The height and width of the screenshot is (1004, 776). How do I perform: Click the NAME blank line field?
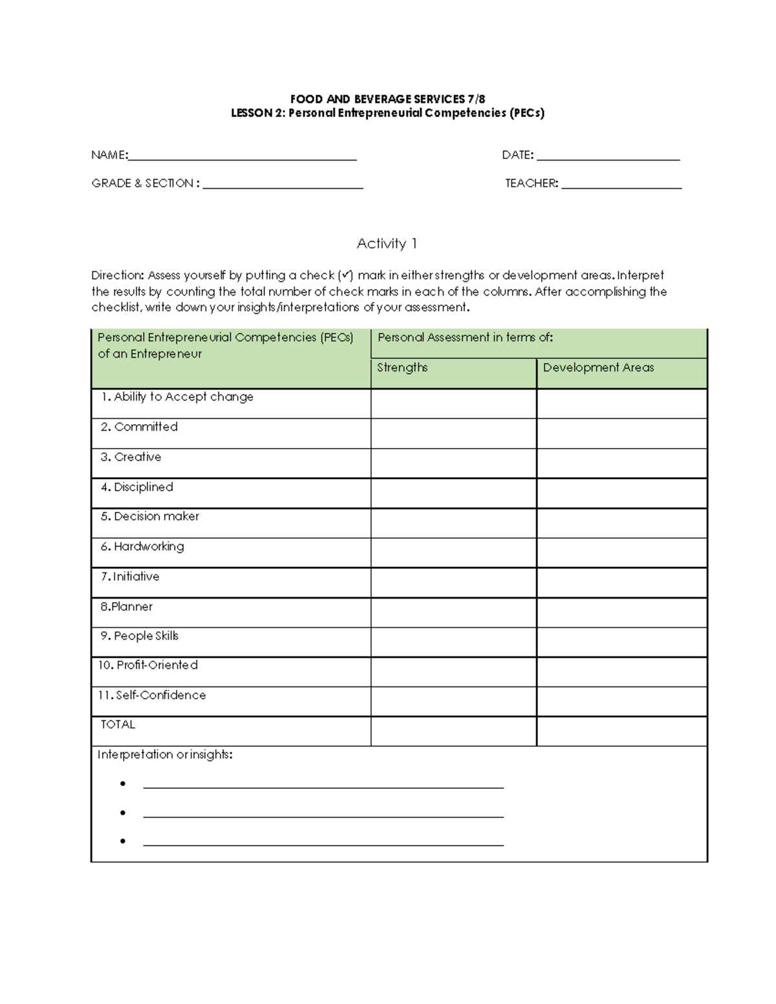[242, 156]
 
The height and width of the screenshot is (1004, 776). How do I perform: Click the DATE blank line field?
[608, 156]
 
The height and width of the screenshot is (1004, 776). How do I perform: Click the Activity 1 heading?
[387, 244]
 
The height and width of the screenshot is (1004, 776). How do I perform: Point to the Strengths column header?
[402, 367]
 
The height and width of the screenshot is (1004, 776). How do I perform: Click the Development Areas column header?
[598, 367]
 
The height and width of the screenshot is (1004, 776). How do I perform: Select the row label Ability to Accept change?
[177, 397]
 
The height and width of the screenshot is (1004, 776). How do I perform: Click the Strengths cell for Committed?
[453, 433]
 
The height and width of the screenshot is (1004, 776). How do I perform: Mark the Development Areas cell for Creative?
[621, 463]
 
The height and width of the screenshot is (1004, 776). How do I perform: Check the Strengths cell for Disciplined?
[453, 493]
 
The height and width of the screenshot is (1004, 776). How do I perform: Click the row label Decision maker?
[150, 517]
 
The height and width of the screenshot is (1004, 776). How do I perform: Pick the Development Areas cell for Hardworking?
[621, 553]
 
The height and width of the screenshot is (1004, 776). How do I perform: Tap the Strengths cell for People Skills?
[453, 642]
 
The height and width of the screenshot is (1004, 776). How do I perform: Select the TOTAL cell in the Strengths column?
[453, 731]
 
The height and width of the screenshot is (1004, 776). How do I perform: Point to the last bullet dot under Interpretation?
[122, 841]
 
